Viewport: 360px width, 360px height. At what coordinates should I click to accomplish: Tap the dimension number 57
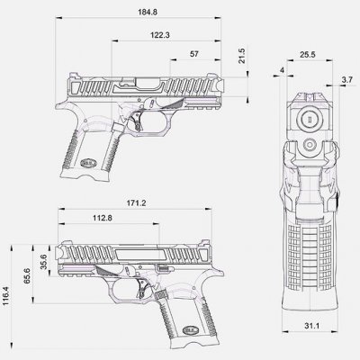pyautogui.click(x=194, y=54)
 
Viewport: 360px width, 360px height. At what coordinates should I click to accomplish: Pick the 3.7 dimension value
pyautogui.click(x=346, y=82)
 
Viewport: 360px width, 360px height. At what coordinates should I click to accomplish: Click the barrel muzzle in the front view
pyautogui.click(x=307, y=118)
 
